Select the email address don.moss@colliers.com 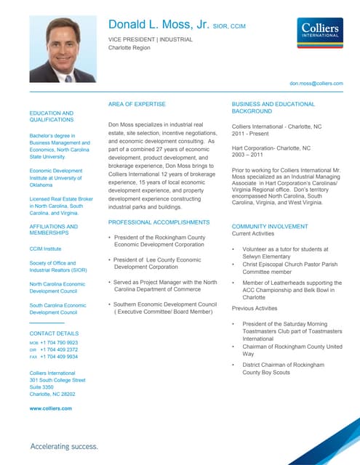(x=316, y=84)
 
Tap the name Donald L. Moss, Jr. (x=158, y=26)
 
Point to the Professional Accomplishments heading (x=159, y=221)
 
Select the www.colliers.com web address (x=50, y=408)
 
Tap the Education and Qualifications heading (x=52, y=117)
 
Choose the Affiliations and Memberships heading (x=52, y=230)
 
